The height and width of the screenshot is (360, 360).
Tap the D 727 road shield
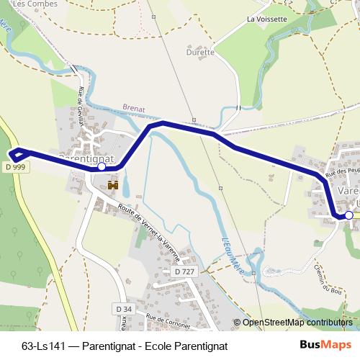(x=186, y=271)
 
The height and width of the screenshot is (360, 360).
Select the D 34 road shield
(x=123, y=308)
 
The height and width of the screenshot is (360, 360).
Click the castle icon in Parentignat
(x=112, y=186)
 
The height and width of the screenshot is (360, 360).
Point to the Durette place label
(x=200, y=52)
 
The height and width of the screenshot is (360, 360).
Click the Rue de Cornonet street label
(x=169, y=319)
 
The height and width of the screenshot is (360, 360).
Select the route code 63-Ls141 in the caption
(x=45, y=346)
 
